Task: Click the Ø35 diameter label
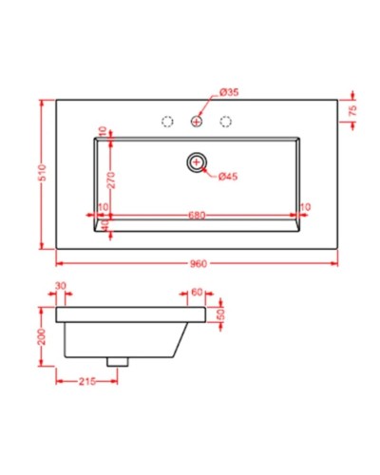(x=228, y=91)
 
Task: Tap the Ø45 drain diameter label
(x=228, y=177)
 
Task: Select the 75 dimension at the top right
(x=352, y=110)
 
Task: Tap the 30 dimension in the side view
(x=62, y=285)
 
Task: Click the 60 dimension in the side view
(x=197, y=293)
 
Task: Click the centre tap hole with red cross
(x=197, y=121)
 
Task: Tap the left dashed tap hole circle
(x=167, y=121)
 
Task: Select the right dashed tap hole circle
(x=226, y=121)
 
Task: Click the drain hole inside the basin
(x=197, y=163)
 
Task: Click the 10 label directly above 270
(x=102, y=131)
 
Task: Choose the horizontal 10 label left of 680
(x=102, y=207)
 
